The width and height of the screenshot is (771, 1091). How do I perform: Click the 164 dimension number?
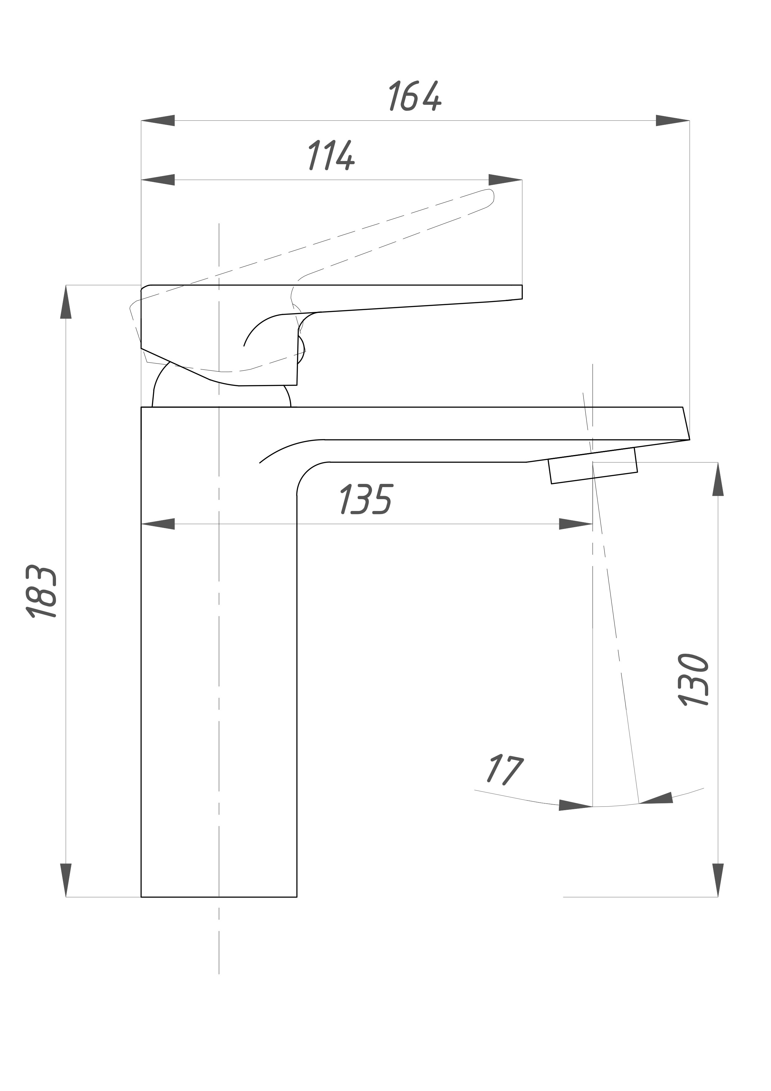click(x=415, y=96)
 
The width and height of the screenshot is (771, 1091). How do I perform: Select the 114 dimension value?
click(x=331, y=156)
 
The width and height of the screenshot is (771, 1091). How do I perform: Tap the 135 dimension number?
click(x=366, y=499)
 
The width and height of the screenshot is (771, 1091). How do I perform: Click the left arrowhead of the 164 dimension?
click(x=158, y=121)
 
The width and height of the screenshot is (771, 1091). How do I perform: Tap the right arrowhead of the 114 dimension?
click(x=505, y=180)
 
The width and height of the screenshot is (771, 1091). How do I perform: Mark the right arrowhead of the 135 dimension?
click(x=576, y=524)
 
